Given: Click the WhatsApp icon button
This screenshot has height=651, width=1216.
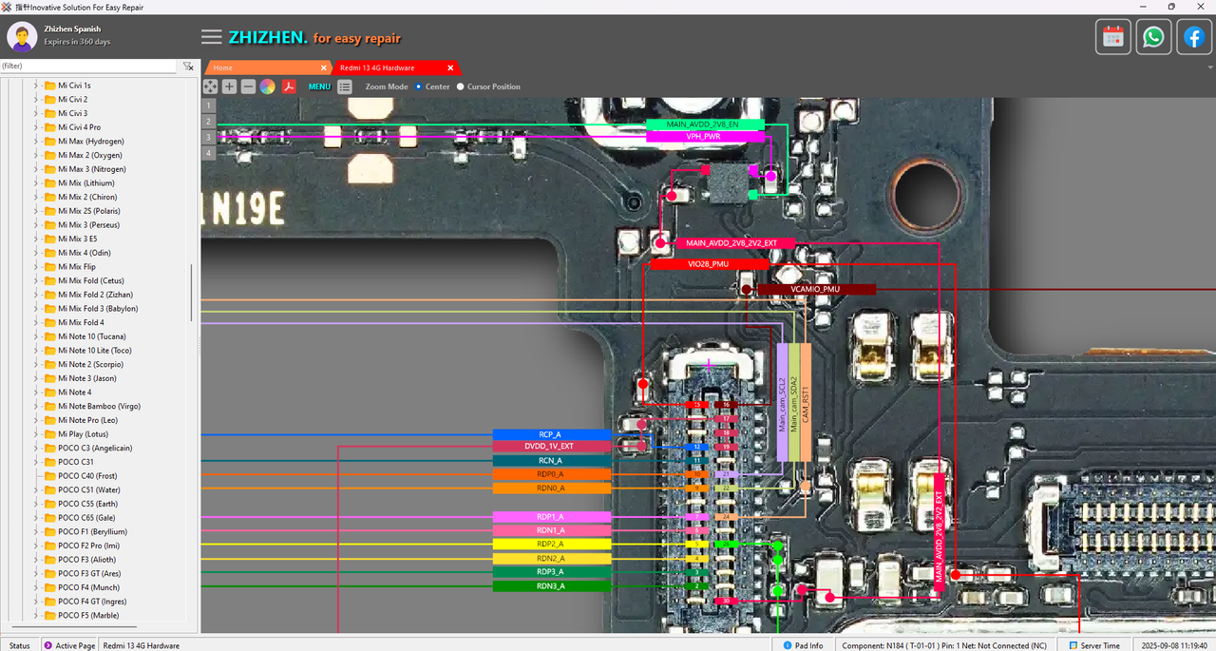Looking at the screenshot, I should pos(1153,37).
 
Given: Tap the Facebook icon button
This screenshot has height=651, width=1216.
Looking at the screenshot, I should pos(1193,37).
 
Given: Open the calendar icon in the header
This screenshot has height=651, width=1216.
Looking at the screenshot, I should pos(1113,37).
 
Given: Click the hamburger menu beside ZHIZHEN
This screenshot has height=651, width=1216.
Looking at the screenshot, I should pos(212,37).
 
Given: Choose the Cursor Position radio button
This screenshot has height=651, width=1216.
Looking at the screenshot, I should pos(461,86).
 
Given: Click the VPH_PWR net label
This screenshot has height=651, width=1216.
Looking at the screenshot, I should pos(705,137).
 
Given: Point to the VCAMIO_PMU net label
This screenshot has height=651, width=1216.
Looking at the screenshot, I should pos(815,289).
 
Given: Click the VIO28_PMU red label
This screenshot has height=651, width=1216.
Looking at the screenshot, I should pos(708,264).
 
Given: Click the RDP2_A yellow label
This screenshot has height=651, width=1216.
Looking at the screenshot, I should pos(551,545).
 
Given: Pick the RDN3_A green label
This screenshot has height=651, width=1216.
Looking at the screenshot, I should pos(551,586).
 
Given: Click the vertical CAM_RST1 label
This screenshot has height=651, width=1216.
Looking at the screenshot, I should pos(806,403).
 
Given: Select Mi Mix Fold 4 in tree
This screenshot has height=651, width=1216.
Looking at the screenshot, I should pos(81,322).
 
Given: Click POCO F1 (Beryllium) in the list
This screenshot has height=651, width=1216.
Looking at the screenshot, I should pos(92,531).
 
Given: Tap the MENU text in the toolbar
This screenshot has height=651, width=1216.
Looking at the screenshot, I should pos(319,86).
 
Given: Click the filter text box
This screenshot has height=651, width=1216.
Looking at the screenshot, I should pos(88,67).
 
